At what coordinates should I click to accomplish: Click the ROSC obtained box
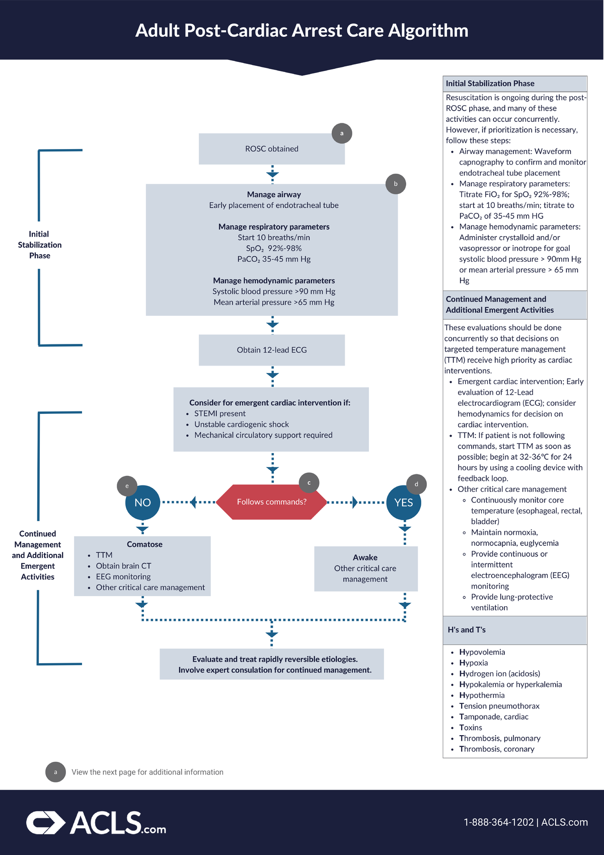tap(272, 149)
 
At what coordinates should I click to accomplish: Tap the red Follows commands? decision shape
tap(271, 502)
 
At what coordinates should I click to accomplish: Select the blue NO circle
tap(142, 503)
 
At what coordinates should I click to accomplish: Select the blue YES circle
tap(404, 503)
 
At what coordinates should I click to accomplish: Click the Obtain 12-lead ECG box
tap(272, 350)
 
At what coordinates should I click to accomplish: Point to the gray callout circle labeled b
tap(396, 184)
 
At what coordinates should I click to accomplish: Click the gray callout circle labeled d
tap(416, 484)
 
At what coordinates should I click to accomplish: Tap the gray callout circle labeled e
tap(127, 486)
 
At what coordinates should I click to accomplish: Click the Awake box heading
tap(365, 557)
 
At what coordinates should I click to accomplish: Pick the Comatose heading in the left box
tap(144, 544)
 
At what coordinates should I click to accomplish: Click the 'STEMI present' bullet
tap(220, 413)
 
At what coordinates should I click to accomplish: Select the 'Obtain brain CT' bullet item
tap(123, 566)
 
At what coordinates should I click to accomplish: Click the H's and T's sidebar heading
tap(467, 630)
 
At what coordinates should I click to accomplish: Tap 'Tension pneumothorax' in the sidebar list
tap(499, 706)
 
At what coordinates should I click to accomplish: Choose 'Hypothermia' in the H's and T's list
tap(482, 695)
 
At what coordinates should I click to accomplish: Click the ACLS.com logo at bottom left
tap(96, 823)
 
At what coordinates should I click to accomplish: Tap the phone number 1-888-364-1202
tap(498, 822)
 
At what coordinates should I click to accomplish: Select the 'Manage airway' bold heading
tap(274, 194)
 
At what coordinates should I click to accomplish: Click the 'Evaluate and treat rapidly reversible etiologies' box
tap(272, 664)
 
